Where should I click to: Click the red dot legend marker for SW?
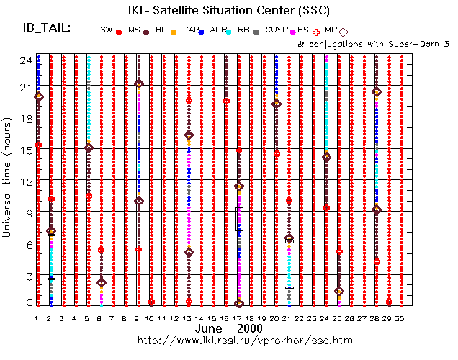[x=118, y=31]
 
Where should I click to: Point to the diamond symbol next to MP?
[x=343, y=31]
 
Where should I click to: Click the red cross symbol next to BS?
[x=318, y=31]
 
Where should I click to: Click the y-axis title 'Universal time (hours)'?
[x=9, y=179]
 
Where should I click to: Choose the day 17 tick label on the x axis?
[x=239, y=318]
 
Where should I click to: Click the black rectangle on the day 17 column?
[x=239, y=219]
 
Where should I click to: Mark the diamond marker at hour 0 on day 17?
[x=239, y=304]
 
